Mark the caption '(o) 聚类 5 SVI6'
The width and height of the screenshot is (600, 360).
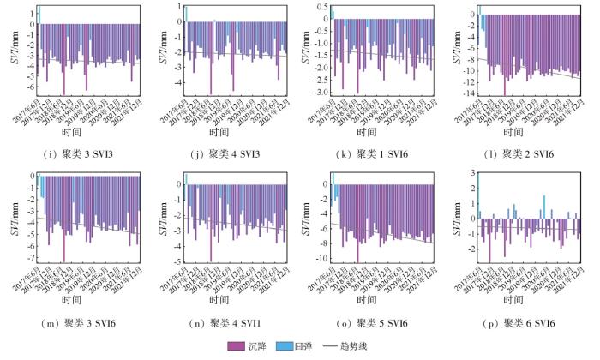(370, 324)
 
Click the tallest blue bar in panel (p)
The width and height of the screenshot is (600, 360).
(543, 207)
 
